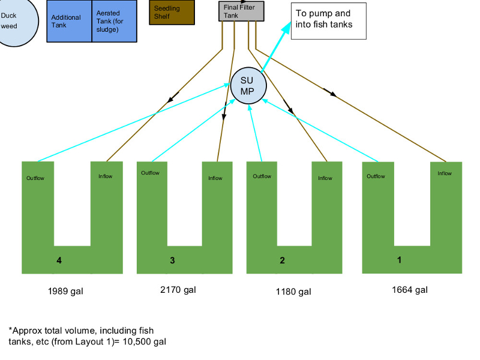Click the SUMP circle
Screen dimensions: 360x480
point(248,85)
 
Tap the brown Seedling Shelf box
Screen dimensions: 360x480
point(171,12)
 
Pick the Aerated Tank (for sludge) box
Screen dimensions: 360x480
point(114,21)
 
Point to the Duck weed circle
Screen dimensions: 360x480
point(12,21)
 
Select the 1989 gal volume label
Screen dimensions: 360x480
point(65,292)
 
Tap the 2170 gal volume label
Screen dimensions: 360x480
point(178,290)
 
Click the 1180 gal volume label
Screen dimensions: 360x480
point(293,292)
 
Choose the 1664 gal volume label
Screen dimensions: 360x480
point(410,290)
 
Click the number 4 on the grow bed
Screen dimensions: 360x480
point(59,260)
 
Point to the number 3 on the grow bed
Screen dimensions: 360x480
point(172,260)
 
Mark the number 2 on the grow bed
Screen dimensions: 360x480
point(282,260)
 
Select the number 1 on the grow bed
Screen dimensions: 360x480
point(399,260)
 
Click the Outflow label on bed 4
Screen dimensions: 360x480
point(35,178)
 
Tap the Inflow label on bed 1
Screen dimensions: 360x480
point(445,173)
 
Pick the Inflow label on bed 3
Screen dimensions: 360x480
point(215,178)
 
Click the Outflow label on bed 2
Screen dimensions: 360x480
point(262,176)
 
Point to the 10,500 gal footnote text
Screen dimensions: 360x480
point(88,336)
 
